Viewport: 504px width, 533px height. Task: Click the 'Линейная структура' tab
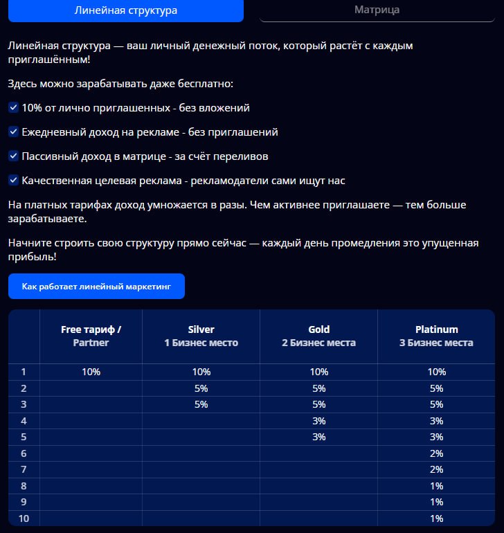125,10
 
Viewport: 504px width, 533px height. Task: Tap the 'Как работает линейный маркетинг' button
96,286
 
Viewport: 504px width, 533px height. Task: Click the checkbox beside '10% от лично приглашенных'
13,108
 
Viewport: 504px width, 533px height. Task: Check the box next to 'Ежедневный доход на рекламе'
13,132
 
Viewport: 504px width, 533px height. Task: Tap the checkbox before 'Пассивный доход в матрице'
13,156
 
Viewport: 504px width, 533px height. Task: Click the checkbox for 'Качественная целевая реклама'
13,181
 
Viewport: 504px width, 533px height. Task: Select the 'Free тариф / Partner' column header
91,336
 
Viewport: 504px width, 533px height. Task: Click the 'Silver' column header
201,336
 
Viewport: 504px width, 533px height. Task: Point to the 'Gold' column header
318,336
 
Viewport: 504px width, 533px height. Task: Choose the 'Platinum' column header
436,336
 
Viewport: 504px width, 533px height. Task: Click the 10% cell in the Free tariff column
91,372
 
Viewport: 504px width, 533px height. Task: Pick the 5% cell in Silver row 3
201,405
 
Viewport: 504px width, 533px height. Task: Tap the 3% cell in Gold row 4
318,421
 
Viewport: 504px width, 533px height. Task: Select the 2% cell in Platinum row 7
436,469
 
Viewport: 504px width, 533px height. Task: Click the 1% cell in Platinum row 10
436,518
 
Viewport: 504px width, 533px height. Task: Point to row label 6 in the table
24,453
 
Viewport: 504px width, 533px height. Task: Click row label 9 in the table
24,502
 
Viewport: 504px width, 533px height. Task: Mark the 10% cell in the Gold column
318,372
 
